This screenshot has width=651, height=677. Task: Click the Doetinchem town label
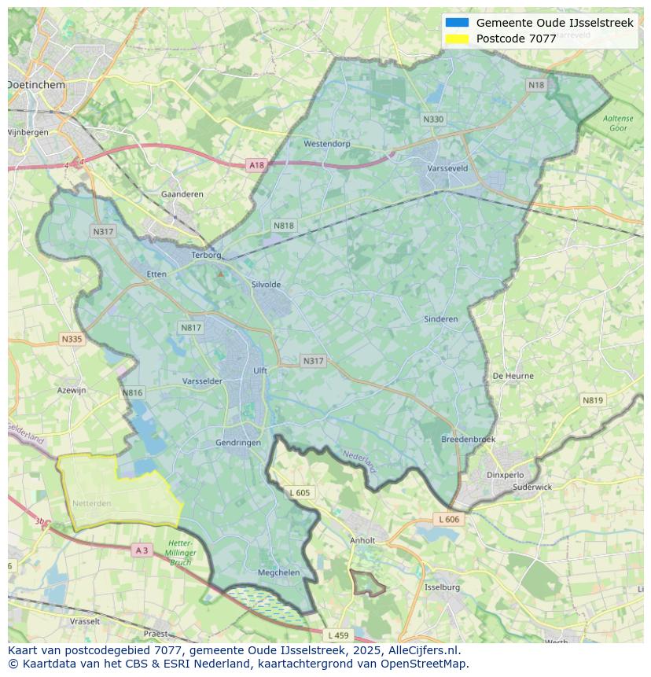pos(36,84)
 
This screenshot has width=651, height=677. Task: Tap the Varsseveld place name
pos(447,168)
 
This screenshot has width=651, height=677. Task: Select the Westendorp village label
pos(327,144)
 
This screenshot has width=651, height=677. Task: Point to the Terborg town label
pos(208,256)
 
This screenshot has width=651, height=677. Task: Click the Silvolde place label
pos(266,285)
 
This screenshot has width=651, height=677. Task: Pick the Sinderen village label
pos(440,319)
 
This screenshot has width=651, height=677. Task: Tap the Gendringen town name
pos(238,443)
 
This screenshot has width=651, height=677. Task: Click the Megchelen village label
pos(279,572)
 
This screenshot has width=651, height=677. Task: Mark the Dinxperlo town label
pos(505,475)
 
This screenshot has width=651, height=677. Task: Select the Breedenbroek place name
pos(469,440)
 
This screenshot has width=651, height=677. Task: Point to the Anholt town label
pos(362,541)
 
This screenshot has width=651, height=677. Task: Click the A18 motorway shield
pos(256,165)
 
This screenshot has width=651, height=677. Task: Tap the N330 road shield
pos(432,120)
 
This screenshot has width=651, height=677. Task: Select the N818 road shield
pos(284,226)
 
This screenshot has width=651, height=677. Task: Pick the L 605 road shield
pos(300,493)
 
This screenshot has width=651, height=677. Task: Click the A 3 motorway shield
pos(142,550)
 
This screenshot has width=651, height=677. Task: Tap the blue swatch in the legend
pos(457,23)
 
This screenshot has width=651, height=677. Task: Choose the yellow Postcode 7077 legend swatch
pos(457,39)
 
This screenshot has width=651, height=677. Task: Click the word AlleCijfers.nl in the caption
pos(421,650)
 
